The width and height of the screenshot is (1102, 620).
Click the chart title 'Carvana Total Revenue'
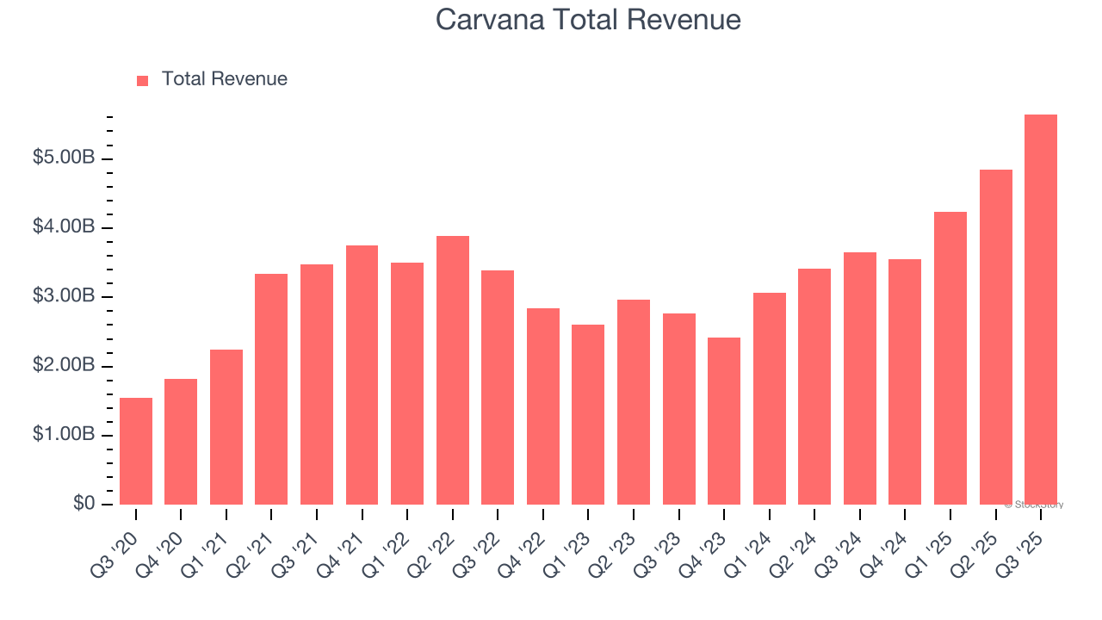(x=588, y=20)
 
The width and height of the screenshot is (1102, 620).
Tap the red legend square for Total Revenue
(x=143, y=80)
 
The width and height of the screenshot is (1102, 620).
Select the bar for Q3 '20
(x=136, y=451)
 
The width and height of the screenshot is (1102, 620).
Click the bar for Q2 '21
(x=271, y=389)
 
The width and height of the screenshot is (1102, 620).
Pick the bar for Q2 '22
(x=452, y=370)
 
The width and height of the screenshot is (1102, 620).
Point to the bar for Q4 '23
(x=723, y=421)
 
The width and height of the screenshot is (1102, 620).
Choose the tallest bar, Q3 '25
(x=1040, y=310)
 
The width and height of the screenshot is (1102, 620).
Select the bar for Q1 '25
(x=950, y=358)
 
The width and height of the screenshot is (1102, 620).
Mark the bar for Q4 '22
(x=542, y=406)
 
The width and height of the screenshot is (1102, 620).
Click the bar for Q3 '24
(x=859, y=379)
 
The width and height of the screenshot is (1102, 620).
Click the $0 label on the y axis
(x=83, y=504)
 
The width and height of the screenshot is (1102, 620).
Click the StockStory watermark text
(x=1034, y=505)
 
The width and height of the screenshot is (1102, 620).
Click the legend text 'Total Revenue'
(x=224, y=79)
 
